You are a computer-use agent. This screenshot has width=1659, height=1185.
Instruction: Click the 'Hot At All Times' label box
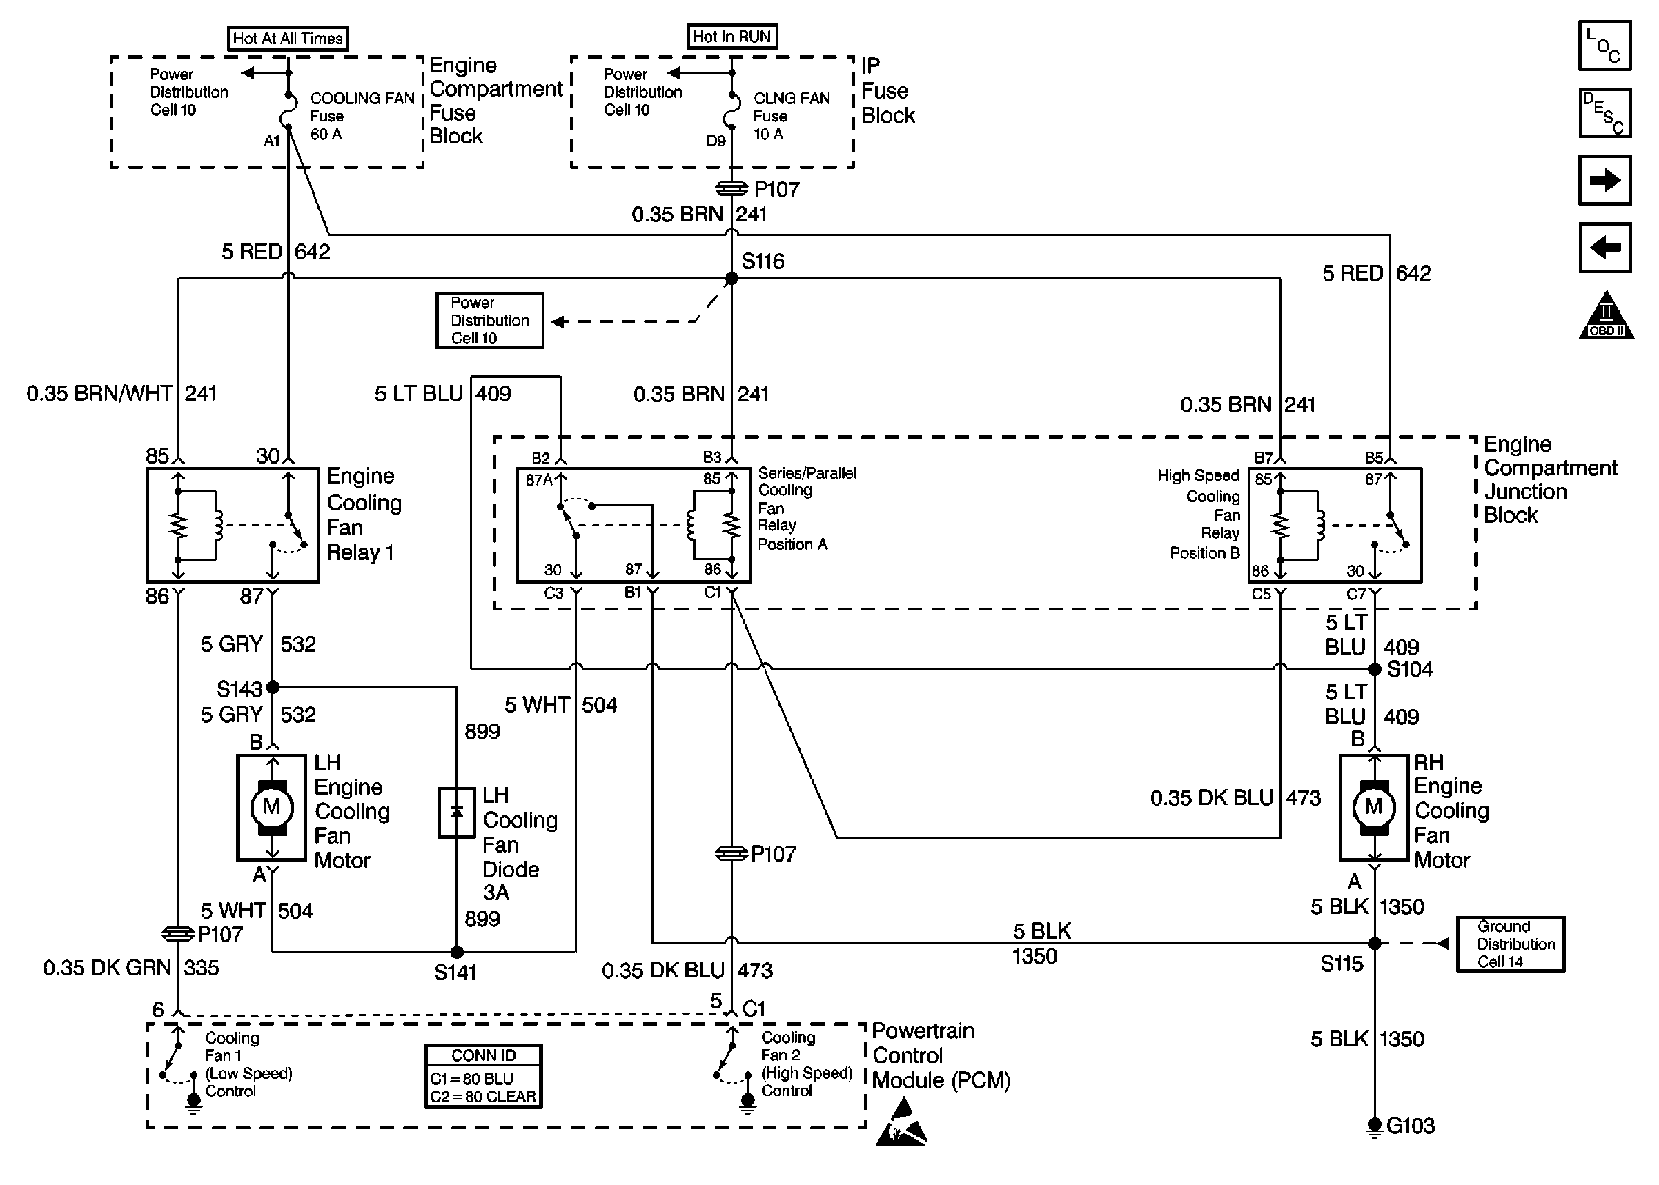[x=288, y=39]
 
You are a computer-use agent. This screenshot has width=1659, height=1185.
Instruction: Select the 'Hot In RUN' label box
[x=732, y=37]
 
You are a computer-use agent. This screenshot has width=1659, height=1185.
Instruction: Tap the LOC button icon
[x=1604, y=46]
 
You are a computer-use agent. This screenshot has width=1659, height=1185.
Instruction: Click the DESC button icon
[x=1604, y=113]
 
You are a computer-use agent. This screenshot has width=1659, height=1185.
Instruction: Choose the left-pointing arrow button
[x=1604, y=248]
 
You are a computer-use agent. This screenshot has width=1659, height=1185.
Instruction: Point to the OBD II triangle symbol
[x=1606, y=317]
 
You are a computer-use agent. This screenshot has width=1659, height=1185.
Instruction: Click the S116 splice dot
[x=732, y=279]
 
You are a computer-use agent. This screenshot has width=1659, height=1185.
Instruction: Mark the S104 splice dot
[x=1375, y=669]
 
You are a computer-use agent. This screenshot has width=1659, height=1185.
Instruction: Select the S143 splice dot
[x=272, y=686]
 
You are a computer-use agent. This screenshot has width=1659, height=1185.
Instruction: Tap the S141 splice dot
[x=457, y=951]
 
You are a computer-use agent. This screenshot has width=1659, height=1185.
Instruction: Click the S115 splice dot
[x=1375, y=943]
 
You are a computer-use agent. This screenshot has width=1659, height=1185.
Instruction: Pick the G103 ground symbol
[x=1375, y=1126]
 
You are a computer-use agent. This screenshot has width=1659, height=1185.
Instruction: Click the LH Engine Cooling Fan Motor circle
[x=271, y=807]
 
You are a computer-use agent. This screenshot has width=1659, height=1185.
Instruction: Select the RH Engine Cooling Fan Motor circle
[x=1373, y=807]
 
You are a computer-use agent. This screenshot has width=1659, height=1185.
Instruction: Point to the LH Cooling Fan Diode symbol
[x=457, y=812]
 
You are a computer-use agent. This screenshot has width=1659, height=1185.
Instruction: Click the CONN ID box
[x=483, y=1076]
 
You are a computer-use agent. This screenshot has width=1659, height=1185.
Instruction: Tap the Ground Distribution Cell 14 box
[x=1510, y=944]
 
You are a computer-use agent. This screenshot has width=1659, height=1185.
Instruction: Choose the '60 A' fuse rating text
[x=326, y=135]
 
